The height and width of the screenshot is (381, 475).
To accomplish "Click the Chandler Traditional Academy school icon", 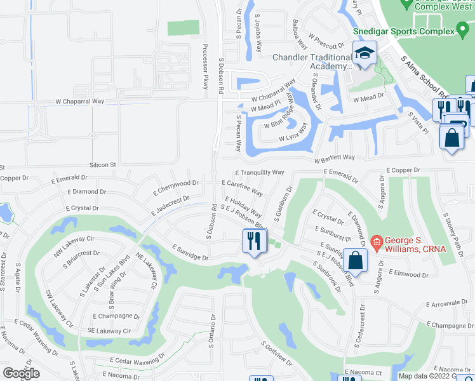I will tap(365, 55).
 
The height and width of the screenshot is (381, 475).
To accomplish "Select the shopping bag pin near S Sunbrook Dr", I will tap(357, 260).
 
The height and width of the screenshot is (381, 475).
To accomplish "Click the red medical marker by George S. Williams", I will tap(377, 241).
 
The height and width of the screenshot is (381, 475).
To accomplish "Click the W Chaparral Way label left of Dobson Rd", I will tap(79, 101).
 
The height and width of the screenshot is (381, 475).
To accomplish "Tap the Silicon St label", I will tap(105, 164).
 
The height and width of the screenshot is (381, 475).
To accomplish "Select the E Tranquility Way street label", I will tap(259, 172).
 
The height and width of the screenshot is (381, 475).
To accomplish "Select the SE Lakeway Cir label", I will tap(109, 331).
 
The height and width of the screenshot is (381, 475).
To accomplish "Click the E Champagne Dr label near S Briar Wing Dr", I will tap(116, 316).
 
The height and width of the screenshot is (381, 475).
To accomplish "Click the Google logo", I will tap(21, 373).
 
